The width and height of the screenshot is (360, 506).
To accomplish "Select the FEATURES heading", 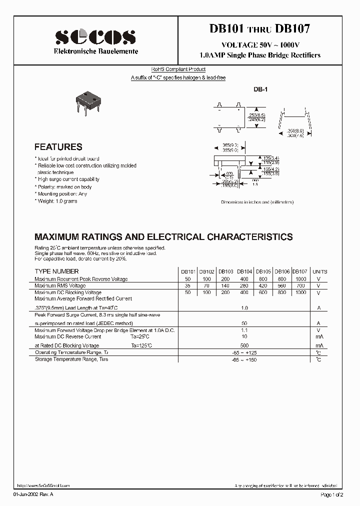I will (58, 147).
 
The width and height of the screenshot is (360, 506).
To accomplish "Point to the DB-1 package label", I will (261, 89).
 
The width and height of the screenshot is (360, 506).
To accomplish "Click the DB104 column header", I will (244, 271).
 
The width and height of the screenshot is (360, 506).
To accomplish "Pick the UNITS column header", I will (319, 271).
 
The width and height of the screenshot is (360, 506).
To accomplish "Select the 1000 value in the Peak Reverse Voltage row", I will (300, 278).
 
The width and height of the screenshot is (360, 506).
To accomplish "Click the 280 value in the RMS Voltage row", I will (244, 285).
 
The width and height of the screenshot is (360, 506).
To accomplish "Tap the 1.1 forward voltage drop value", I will (244, 330).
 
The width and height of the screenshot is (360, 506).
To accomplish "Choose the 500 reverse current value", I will (244, 345).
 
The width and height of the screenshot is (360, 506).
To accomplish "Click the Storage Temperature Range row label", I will (71, 359).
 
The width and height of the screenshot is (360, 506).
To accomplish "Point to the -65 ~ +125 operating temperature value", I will (244, 352).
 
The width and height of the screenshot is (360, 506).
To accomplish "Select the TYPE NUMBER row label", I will (56, 271).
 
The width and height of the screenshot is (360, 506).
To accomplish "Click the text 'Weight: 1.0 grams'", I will (56, 200).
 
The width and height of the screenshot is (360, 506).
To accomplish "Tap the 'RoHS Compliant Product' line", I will (178, 69).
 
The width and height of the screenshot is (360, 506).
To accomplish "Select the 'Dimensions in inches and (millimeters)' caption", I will (257, 202).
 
